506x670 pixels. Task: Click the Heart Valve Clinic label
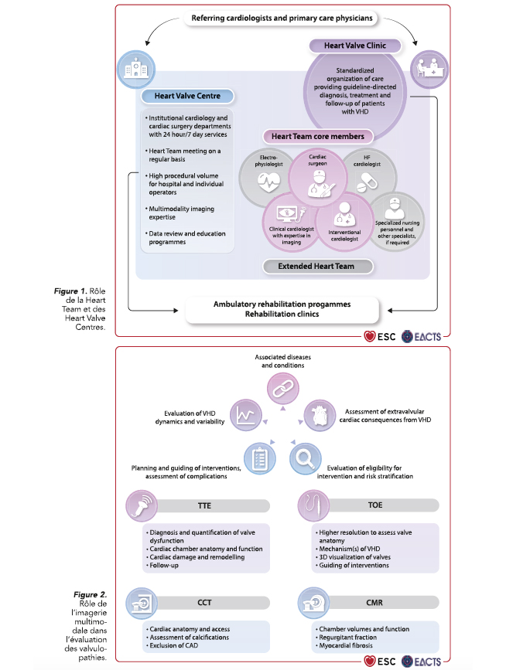pos(355,46)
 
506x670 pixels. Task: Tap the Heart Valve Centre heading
pos(187,96)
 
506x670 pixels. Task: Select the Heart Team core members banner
pos(318,136)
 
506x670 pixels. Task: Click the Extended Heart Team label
pos(316,266)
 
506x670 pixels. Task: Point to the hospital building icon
pos(136,70)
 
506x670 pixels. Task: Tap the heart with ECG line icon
pos(268,182)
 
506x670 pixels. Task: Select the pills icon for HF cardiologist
pos(367,182)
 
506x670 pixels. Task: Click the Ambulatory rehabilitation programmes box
pos(282,309)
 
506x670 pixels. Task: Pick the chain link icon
pos(282,389)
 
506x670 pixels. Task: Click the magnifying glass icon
pos(305,459)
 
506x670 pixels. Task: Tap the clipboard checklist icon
pos(260,459)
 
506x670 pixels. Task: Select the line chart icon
pos(246,415)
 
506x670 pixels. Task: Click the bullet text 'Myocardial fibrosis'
pos(346,645)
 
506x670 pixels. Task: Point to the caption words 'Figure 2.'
pos(91,595)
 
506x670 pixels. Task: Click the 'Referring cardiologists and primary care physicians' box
pos(282,19)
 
